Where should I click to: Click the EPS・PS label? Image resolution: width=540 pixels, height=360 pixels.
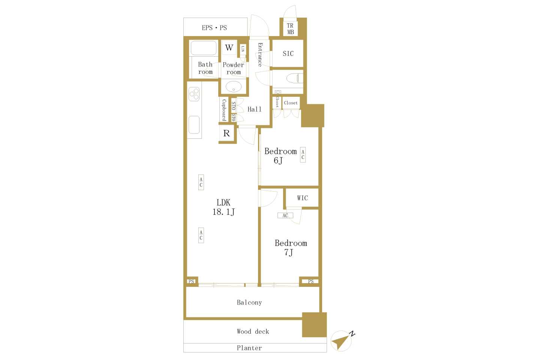tap(214, 28)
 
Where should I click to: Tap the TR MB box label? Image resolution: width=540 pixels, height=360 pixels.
tap(290, 29)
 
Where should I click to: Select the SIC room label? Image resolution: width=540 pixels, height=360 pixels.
tap(288, 54)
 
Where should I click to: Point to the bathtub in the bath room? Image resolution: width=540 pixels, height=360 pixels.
tap(204, 48)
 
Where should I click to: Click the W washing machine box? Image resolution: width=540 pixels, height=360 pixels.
tap(229, 48)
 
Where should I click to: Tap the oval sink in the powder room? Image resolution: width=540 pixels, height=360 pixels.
tap(233, 87)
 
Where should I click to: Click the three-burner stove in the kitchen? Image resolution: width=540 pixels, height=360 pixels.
tap(194, 94)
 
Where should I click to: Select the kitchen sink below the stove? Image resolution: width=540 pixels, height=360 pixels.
tap(194, 124)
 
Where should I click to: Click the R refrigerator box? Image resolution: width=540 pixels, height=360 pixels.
tap(226, 133)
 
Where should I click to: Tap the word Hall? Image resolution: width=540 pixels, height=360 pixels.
tap(254, 109)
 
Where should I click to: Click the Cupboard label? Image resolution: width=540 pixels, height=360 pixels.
tap(224, 110)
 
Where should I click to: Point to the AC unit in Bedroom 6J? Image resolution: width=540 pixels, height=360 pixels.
tap(303, 155)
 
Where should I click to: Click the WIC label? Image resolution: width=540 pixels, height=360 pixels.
tap(302, 198)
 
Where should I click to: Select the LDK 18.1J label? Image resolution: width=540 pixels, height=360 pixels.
tap(223, 207)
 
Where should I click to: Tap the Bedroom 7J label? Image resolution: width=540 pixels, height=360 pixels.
tap(291, 247)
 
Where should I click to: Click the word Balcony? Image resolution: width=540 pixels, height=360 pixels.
tap(249, 303)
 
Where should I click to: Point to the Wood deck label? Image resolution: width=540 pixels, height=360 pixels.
tap(253, 331)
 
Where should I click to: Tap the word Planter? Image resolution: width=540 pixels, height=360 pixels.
tap(249, 348)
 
